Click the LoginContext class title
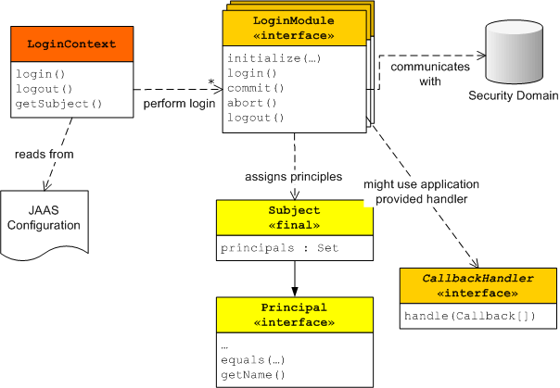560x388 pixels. coord(71,44)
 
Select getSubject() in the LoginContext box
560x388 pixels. coord(59,104)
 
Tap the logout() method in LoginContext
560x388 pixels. coord(44,89)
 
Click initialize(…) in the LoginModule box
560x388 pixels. coord(274,58)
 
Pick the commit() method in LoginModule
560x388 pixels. coord(256,88)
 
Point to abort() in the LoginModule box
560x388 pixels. coord(252,103)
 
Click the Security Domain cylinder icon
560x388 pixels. coord(515,52)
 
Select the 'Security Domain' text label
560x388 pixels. coord(514,95)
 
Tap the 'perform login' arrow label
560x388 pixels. coord(179,104)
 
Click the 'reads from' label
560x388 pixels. coord(45,154)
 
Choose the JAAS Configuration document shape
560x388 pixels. coord(45,224)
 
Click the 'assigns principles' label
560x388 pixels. coord(294,177)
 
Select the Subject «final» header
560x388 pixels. coord(295,218)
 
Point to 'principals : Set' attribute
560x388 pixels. coord(279,248)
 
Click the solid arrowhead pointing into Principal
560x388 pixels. coord(295,292)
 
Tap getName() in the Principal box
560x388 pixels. coord(253,375)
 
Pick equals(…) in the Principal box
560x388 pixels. coord(253,360)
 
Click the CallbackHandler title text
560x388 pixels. coord(477,278)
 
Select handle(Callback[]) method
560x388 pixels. coord(470,316)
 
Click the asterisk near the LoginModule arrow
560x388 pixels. coord(211,82)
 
